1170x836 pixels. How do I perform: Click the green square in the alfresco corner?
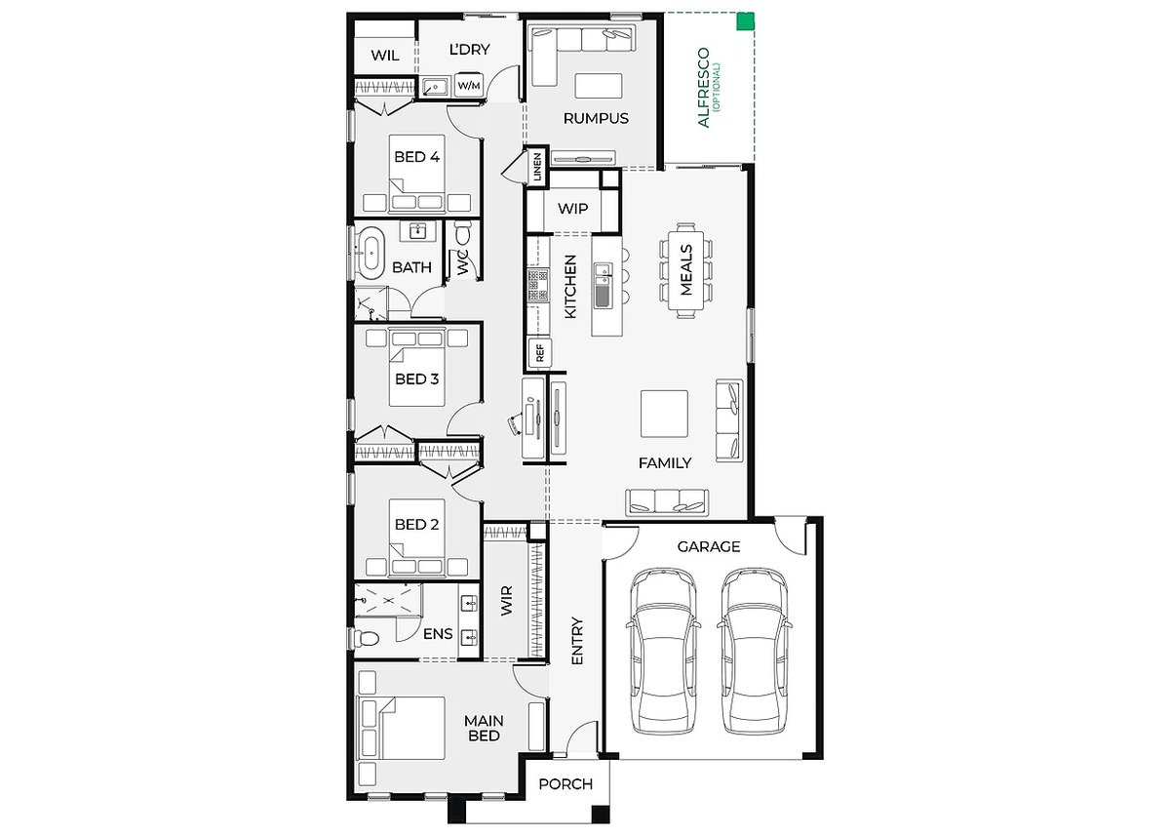pos(745,21)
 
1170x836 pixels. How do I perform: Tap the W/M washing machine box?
pos(469,85)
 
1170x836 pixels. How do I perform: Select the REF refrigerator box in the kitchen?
pos(540,353)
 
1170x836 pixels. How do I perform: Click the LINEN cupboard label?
pos(537,167)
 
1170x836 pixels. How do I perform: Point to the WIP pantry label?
pos(573,209)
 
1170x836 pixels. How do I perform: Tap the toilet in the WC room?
pos(463,232)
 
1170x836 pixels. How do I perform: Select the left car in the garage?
pos(663,650)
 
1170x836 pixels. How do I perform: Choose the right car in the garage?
pos(755,650)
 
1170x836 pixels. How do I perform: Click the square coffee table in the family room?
pos(664,414)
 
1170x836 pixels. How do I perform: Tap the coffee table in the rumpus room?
pos(599,86)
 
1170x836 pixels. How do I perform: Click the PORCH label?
pos(565,784)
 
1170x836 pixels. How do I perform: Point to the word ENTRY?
pos(577,641)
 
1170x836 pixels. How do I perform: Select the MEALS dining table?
pos(685,270)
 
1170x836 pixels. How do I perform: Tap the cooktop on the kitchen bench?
pos(538,285)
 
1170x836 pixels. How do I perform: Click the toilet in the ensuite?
pos(366,637)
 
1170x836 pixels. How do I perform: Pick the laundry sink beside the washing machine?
pos(436,86)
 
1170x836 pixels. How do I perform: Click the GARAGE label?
pos(709,546)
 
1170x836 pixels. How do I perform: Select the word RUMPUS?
pos(596,119)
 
